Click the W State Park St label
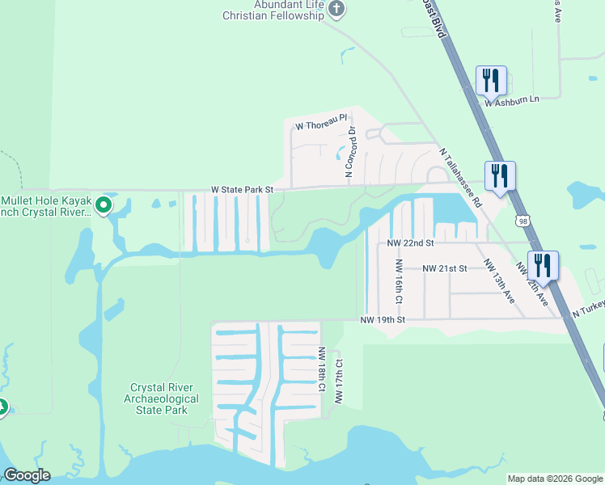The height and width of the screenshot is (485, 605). pyautogui.click(x=243, y=190)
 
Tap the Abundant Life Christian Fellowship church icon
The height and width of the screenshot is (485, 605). pyautogui.click(x=336, y=10)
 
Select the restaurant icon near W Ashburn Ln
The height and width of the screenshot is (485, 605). pyautogui.click(x=491, y=80)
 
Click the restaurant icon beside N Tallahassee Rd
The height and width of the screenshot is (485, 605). pyautogui.click(x=500, y=175)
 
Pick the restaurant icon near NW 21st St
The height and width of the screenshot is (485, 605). pyautogui.click(x=543, y=265)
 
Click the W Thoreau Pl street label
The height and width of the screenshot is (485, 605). pyautogui.click(x=320, y=126)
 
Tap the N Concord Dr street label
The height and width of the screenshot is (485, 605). pyautogui.click(x=350, y=151)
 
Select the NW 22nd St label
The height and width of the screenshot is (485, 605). pyautogui.click(x=410, y=242)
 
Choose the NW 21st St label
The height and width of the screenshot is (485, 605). pyautogui.click(x=444, y=268)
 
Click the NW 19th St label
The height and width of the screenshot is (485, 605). pyautogui.click(x=382, y=320)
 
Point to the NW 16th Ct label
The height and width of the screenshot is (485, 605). pyautogui.click(x=399, y=282)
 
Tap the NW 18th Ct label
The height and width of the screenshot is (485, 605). pyautogui.click(x=322, y=370)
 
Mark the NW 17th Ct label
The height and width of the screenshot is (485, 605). pyautogui.click(x=338, y=382)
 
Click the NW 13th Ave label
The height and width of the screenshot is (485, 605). pyautogui.click(x=499, y=281)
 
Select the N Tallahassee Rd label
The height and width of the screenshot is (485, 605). pyautogui.click(x=460, y=178)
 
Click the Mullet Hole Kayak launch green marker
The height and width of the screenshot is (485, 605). pyautogui.click(x=103, y=205)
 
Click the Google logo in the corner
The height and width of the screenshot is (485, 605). pyautogui.click(x=27, y=475)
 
